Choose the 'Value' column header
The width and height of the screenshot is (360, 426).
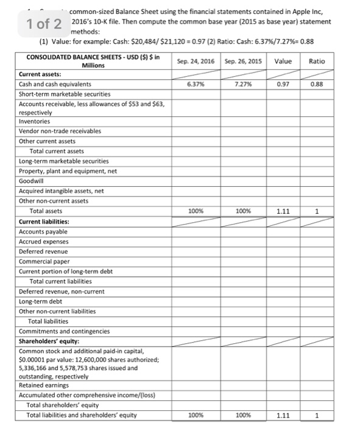pyautogui.click(x=283, y=61)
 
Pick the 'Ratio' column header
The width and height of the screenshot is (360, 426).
pyautogui.click(x=317, y=61)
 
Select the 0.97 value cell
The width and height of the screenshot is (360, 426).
pyautogui.click(x=283, y=84)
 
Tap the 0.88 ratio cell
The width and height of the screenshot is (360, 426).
pyautogui.click(x=317, y=84)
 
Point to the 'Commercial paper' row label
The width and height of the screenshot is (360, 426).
pyautogui.click(x=44, y=261)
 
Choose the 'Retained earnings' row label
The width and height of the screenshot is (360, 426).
pyautogui.click(x=44, y=385)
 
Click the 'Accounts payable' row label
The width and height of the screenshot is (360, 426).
pyautogui.click(x=43, y=232)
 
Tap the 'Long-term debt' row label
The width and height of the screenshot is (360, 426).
pyautogui.click(x=41, y=301)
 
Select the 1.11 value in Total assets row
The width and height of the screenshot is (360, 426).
pyautogui.click(x=283, y=211)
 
